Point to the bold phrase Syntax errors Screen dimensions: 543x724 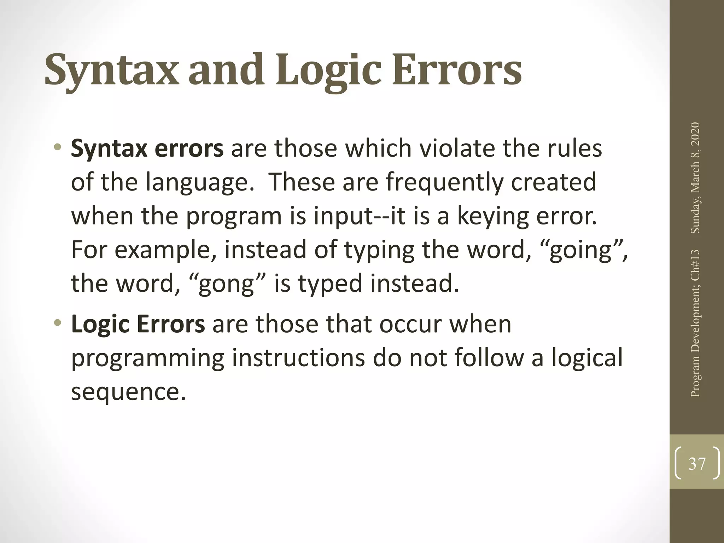coord(147,148)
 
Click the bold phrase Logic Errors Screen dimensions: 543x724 coord(138,324)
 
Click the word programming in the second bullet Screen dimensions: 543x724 coord(147,358)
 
